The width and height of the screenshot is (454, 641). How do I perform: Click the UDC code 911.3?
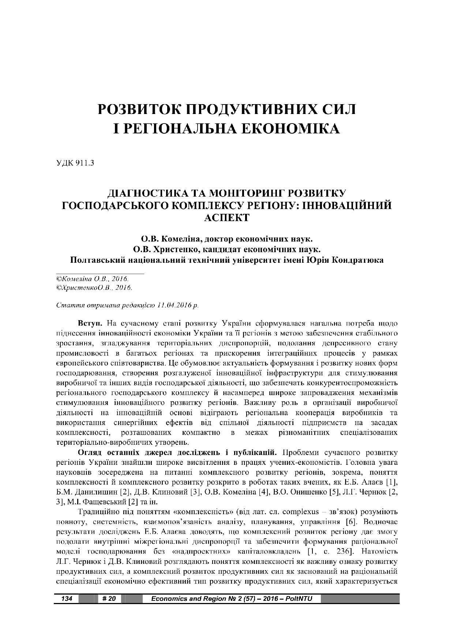[x=85, y=163]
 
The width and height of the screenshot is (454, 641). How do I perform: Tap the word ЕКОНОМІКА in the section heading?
[x=289, y=129]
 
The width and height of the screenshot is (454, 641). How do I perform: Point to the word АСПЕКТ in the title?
[x=227, y=217]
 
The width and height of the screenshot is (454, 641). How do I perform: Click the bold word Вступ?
[x=87, y=323]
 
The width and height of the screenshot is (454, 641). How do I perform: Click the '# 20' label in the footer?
[x=109, y=598]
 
